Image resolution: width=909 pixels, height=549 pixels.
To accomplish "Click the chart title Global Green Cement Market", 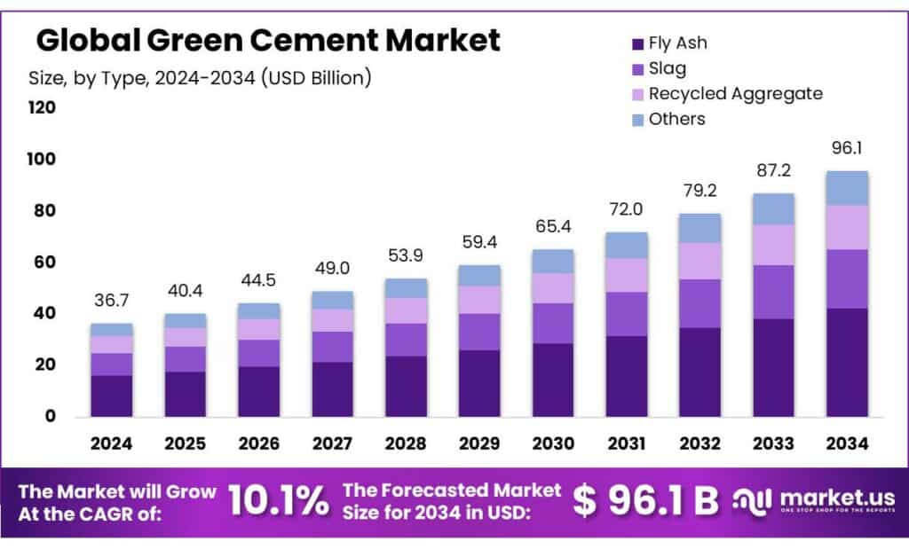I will (x=268, y=40).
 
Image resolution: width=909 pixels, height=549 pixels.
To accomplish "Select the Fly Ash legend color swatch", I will (x=636, y=43).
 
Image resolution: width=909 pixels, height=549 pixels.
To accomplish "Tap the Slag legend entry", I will (x=667, y=68).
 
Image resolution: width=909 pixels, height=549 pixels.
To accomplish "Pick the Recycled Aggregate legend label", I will (x=734, y=93).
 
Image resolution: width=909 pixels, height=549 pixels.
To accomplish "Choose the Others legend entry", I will (x=676, y=119).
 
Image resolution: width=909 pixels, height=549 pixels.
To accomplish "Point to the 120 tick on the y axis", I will (x=43, y=108).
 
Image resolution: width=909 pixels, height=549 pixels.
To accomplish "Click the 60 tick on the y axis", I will (x=43, y=263).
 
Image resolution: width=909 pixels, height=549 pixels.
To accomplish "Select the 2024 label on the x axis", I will (x=112, y=443).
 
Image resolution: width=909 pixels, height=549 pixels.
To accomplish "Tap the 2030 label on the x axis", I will (x=552, y=443).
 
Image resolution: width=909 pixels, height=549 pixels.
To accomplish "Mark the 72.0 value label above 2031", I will (x=626, y=211).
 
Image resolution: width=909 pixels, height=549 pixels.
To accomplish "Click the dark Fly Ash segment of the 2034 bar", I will (x=847, y=362).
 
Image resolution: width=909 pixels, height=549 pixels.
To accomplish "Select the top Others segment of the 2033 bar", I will (x=773, y=208).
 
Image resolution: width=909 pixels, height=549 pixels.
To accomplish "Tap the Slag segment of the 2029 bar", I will (x=478, y=332).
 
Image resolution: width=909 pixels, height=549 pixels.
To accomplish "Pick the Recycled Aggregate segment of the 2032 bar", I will (x=700, y=261).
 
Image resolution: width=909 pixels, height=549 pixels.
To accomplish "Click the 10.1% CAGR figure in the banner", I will (x=278, y=501).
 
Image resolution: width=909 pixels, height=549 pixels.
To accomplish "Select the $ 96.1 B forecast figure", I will (x=645, y=501).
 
